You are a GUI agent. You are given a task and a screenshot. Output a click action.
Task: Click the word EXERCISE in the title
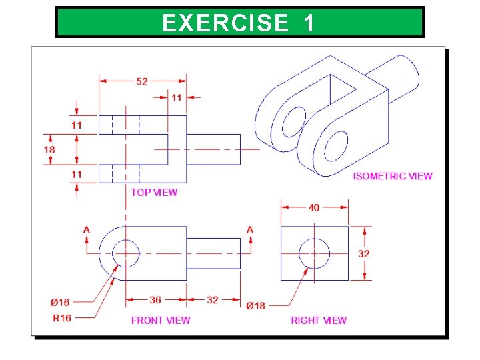click(224, 23)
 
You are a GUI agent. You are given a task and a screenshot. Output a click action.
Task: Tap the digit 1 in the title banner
click(309, 23)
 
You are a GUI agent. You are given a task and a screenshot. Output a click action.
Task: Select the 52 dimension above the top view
click(142, 81)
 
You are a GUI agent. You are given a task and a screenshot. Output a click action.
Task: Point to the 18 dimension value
click(49, 150)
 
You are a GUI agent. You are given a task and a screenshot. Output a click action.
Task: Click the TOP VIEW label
click(154, 192)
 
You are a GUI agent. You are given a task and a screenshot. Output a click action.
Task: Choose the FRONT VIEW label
click(160, 321)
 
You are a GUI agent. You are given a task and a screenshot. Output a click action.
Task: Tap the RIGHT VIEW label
click(319, 321)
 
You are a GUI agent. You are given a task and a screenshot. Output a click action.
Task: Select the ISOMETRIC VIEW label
click(392, 176)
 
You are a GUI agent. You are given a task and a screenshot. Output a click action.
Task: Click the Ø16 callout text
click(61, 303)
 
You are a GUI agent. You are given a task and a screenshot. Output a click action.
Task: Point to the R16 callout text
click(61, 318)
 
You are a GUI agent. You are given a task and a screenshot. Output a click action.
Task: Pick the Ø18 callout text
click(255, 306)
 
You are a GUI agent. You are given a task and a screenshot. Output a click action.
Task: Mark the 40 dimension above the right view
click(314, 207)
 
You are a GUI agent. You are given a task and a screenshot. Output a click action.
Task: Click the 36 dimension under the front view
click(155, 300)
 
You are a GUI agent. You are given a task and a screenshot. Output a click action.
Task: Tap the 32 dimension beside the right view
click(364, 253)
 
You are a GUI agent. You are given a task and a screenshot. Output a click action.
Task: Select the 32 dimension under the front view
click(212, 300)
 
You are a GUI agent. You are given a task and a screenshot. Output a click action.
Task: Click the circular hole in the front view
click(125, 253)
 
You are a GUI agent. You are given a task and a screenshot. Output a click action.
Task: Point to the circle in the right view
click(314, 253)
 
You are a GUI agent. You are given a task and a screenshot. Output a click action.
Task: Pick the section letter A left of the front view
click(87, 231)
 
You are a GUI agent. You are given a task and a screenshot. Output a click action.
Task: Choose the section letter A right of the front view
click(250, 231)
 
